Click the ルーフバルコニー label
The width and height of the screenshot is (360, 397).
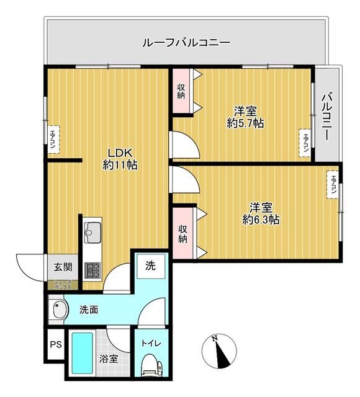tap(186, 43)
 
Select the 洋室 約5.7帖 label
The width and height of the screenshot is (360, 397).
tap(245, 117)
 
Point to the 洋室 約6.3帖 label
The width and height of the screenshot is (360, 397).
tap(260, 212)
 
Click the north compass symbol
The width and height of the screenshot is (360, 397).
tap(219, 351)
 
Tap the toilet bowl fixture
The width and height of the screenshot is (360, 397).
tap(150, 365)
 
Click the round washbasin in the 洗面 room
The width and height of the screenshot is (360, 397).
tap(58, 310)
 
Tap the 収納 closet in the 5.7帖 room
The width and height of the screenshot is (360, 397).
tap(181, 91)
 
